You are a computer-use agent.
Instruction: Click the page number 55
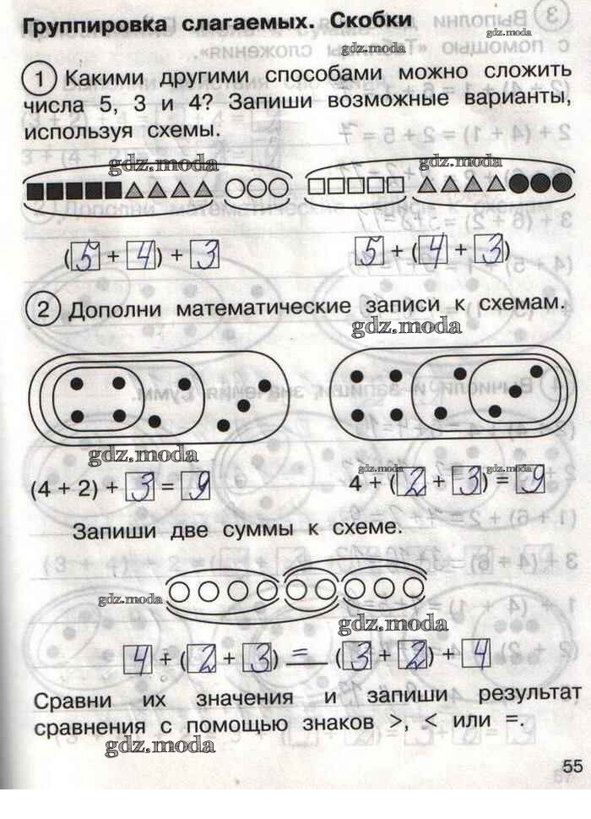572,766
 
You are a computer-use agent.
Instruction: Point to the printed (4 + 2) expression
65,489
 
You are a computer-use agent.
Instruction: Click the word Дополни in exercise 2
115,310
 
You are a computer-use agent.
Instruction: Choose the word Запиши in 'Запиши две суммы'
114,531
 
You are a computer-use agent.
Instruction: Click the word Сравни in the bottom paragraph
73,700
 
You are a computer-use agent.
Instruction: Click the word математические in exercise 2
263,308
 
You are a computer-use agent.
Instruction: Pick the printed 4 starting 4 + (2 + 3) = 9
355,483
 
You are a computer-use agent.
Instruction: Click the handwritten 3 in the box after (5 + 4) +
204,256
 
